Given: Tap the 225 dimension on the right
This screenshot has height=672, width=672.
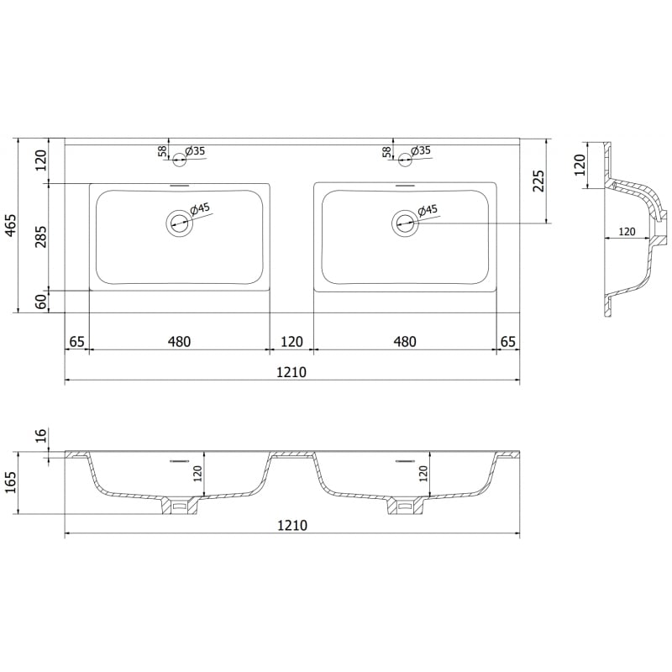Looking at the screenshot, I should point(538,181).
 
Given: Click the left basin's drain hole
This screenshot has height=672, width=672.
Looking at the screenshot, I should point(179,223).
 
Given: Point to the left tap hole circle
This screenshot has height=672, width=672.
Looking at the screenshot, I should point(179,155).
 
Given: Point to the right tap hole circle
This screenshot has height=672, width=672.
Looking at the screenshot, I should point(404,155).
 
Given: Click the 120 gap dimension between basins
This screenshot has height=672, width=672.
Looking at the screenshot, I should point(291,341).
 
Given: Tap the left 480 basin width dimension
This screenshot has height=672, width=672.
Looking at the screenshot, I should point(179,341).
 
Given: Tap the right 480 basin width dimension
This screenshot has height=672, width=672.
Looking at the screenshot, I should point(405,341).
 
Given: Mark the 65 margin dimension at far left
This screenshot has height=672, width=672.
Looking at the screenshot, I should point(76,341).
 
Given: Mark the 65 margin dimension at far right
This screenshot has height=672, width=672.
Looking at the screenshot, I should point(507,341).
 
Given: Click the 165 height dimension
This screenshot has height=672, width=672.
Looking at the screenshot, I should point(12,483).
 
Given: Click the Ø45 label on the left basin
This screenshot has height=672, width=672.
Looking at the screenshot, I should point(200,208).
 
